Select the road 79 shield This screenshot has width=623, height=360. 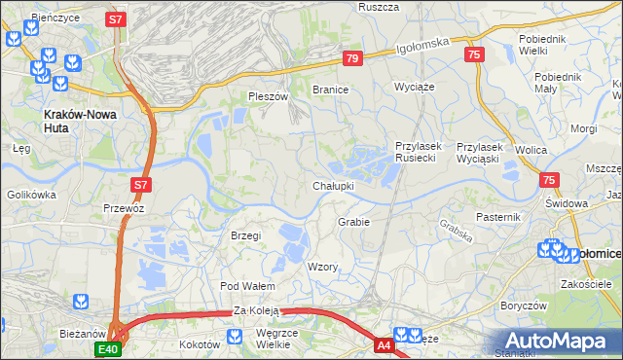click(352, 59)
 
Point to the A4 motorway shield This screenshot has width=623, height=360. click(385, 343)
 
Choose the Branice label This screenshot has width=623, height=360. click(330, 89)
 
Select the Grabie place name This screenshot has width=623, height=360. click(353, 222)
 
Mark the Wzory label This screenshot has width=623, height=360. click(322, 267)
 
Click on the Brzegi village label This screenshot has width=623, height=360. click(245, 235)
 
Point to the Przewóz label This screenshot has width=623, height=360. click(124, 207)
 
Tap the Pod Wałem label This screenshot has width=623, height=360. click(247, 286)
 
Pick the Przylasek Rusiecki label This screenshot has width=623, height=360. click(419, 152)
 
